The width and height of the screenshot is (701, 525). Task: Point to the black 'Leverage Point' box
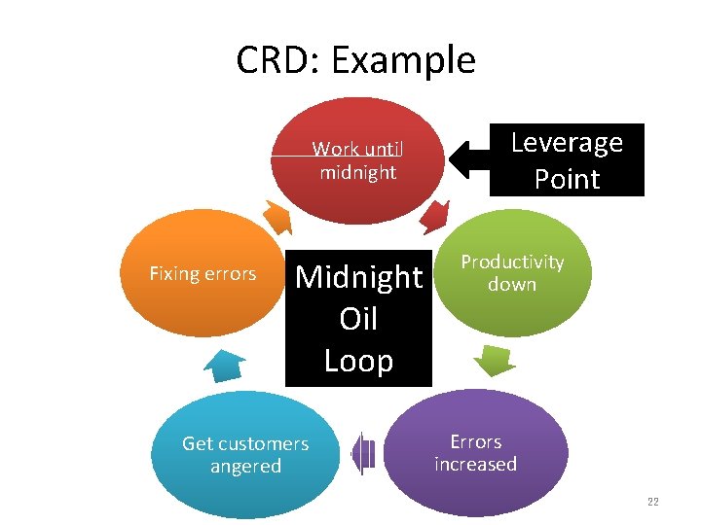click(x=567, y=160)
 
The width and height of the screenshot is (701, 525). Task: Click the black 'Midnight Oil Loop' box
click(x=358, y=319)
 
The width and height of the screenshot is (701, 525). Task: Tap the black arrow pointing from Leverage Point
click(x=467, y=159)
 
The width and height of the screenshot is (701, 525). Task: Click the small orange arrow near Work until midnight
click(x=277, y=219)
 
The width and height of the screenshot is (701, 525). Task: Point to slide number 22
click(x=652, y=502)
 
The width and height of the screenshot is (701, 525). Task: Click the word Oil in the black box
click(x=358, y=319)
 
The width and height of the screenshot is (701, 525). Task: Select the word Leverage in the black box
click(x=567, y=143)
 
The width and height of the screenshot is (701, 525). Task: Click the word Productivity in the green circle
click(x=512, y=262)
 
